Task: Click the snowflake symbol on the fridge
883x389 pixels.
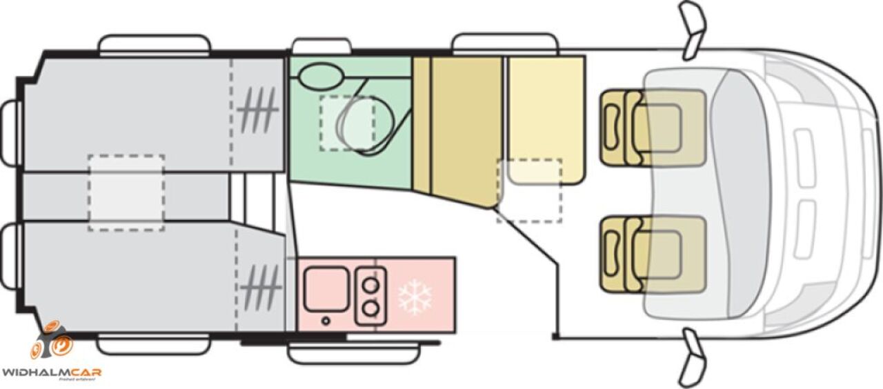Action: pos(415,297)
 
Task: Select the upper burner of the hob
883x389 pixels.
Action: pos(371,284)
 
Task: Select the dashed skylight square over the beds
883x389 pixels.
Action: pos(126,192)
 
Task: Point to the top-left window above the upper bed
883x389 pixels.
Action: pos(155,44)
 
